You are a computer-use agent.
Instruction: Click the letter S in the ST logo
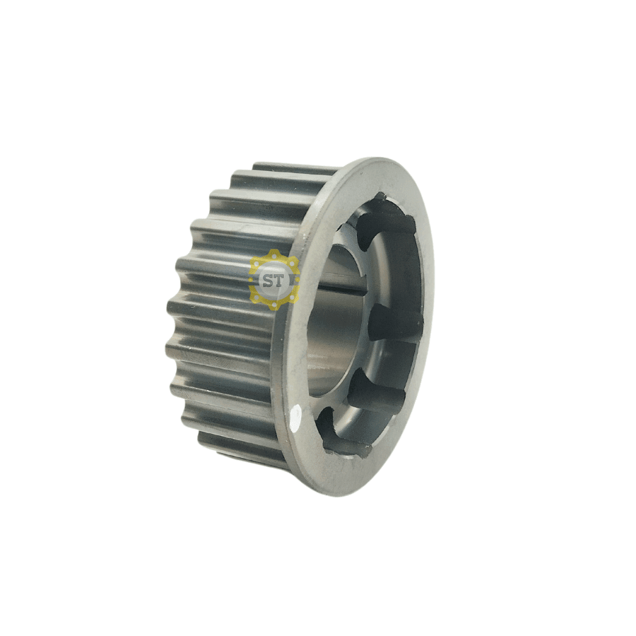click(x=268, y=280)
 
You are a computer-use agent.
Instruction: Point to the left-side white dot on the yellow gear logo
click(x=252, y=279)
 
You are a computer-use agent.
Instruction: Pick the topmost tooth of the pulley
click(x=295, y=169)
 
